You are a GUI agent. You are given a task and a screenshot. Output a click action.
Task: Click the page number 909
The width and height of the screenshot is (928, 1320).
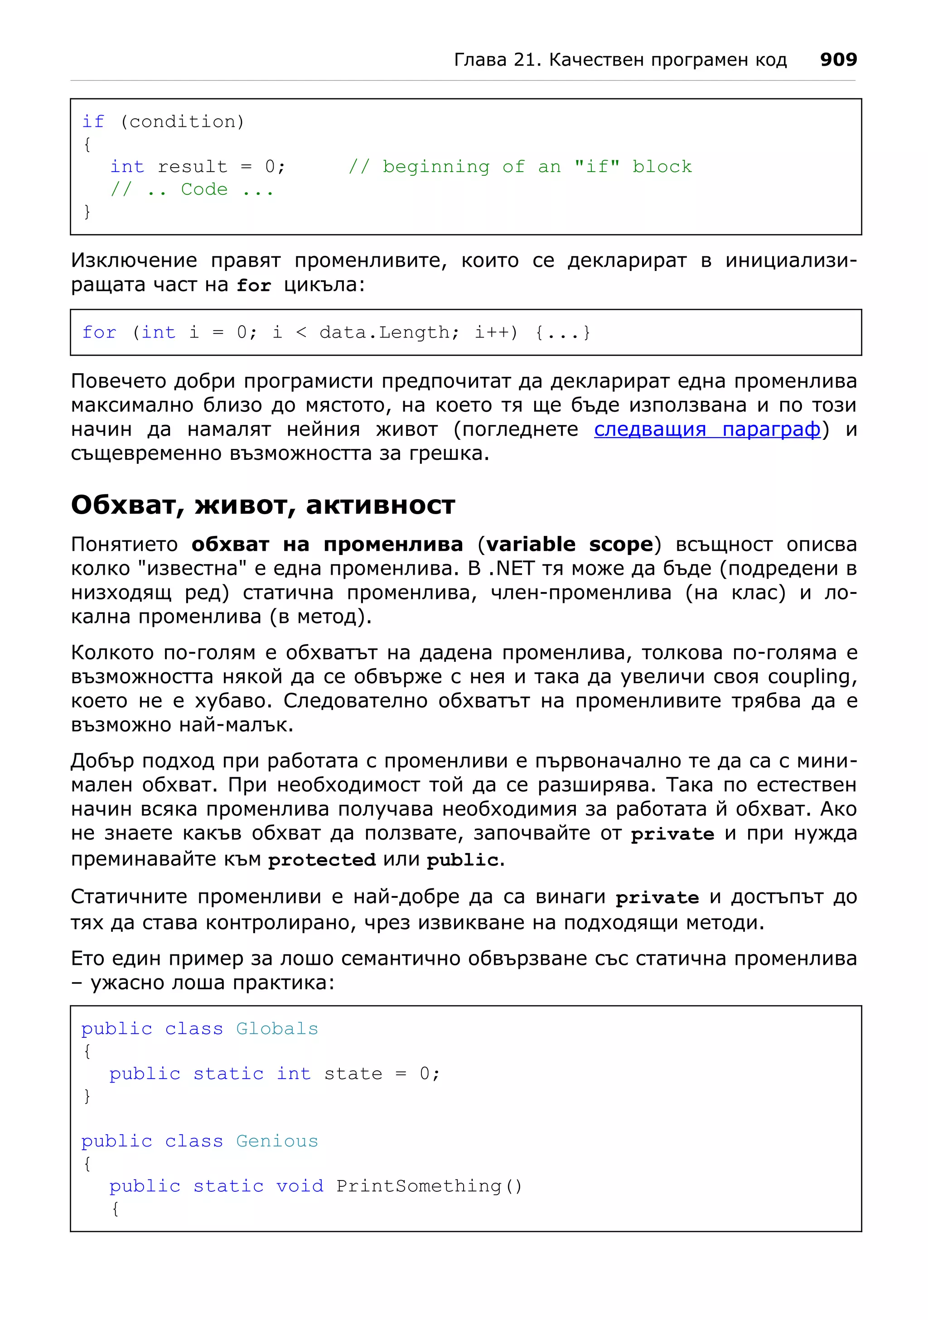(838, 59)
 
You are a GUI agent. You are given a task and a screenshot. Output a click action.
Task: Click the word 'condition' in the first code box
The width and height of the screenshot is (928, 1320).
(182, 122)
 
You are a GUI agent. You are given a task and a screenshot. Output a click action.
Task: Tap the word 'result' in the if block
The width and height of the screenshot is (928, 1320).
(192, 167)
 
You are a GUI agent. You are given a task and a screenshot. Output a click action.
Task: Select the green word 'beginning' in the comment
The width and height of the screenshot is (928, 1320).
(436, 167)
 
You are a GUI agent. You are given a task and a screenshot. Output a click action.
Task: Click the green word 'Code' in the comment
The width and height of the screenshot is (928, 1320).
(204, 189)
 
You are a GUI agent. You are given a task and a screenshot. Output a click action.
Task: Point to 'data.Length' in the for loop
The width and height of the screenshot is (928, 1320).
(385, 332)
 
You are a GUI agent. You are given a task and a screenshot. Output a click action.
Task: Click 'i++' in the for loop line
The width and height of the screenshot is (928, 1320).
(492, 332)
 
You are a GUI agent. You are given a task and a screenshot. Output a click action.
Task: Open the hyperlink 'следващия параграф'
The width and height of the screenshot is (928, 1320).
(706, 429)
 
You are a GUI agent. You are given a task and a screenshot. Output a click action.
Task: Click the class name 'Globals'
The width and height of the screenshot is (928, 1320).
(276, 1029)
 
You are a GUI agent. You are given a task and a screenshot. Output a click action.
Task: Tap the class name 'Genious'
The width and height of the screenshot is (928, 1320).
(276, 1141)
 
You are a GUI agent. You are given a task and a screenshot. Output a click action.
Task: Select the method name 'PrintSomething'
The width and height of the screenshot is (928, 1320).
(419, 1186)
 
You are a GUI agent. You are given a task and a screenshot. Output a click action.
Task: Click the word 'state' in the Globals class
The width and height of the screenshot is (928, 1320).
(353, 1074)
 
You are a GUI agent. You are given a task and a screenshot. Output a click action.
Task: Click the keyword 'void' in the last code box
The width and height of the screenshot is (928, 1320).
(299, 1186)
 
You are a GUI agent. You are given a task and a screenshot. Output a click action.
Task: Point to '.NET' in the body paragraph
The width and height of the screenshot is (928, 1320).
(511, 568)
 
